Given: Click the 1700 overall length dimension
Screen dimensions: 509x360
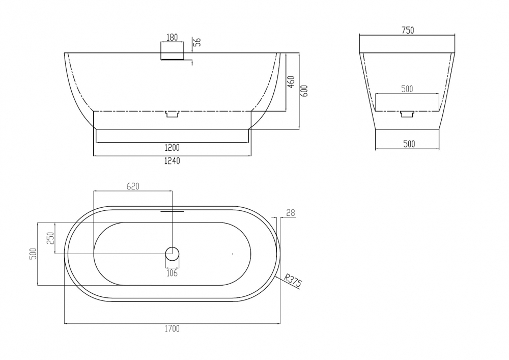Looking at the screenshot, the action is [172, 328].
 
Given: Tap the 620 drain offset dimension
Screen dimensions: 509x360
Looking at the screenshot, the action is [133, 186].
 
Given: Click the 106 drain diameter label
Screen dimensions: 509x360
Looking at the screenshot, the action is [172, 273].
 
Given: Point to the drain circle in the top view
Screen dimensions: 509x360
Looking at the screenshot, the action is [172, 254].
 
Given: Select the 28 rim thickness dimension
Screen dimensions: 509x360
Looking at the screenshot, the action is [291, 213].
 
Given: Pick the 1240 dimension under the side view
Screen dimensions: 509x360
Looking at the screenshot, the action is [172, 161].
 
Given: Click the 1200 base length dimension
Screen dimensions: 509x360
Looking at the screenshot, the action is [172, 148].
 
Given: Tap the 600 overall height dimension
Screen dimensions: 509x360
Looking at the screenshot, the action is [304, 91].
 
